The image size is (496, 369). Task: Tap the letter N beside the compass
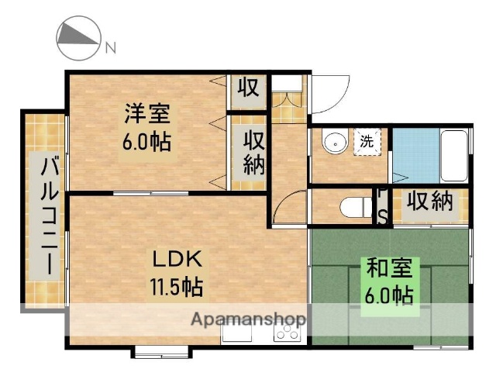click(110, 47)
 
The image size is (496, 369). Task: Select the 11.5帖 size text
click(176, 288)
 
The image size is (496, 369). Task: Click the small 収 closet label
click(247, 87)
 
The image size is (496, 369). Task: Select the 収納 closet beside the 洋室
click(253, 153)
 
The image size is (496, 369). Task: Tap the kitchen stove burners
click(288, 332)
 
